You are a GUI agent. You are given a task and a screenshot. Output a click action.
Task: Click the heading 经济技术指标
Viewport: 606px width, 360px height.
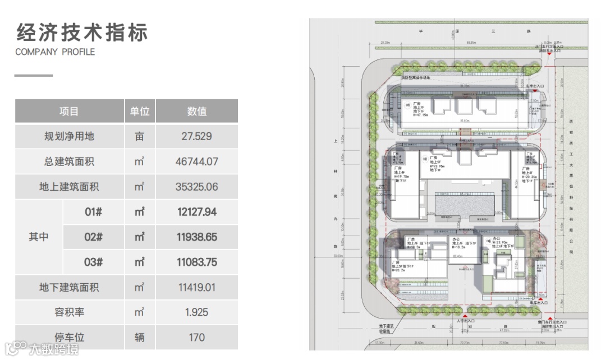82,33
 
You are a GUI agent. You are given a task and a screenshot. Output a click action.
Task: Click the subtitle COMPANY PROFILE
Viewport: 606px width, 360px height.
55,52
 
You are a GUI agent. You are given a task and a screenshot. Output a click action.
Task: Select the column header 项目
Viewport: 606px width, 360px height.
69,112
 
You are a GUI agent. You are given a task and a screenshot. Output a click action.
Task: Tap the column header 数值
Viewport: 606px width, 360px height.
196,112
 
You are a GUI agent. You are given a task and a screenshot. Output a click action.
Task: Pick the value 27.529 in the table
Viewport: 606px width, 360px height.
196,137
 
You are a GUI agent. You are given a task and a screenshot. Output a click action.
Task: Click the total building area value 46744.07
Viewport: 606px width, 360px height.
196,162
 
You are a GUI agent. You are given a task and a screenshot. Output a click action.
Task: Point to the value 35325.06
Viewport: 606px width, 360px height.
196,187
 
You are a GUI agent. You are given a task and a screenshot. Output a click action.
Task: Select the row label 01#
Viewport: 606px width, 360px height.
94,212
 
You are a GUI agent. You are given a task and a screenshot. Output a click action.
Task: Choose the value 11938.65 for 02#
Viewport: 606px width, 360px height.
196,237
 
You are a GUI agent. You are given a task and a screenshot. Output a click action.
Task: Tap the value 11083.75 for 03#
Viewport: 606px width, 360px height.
196,262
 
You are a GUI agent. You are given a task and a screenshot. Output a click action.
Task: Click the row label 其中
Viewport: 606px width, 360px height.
39,237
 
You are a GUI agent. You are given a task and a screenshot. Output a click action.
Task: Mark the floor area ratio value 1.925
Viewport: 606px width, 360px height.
196,312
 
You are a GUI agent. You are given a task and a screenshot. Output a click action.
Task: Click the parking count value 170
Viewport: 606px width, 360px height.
196,337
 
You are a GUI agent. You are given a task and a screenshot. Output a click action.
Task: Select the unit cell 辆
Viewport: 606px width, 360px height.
139,337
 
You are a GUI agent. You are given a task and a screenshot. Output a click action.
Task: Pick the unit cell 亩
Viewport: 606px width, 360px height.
139,137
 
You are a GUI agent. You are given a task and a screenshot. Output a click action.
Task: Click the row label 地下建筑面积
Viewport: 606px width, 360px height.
69,288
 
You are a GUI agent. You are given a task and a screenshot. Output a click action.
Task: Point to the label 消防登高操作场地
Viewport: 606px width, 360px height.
416,77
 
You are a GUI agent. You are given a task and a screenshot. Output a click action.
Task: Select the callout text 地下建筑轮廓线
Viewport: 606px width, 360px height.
385,328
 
